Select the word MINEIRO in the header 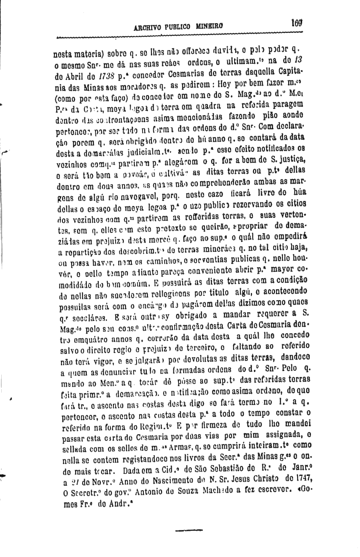(x=210, y=26)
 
